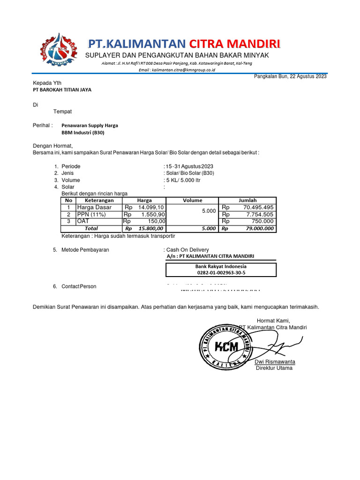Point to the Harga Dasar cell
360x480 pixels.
tap(94, 207)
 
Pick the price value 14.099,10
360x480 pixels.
tap(151, 207)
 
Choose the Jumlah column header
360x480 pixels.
tap(247, 200)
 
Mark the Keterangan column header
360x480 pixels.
tap(99, 200)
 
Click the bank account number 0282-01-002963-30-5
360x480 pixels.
tap(221, 272)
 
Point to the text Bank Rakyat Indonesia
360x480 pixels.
tap(221, 266)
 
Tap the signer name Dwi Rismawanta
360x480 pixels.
tap(275, 362)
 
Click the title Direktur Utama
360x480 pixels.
tap(274, 368)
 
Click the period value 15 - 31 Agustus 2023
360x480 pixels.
tap(189, 166)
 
